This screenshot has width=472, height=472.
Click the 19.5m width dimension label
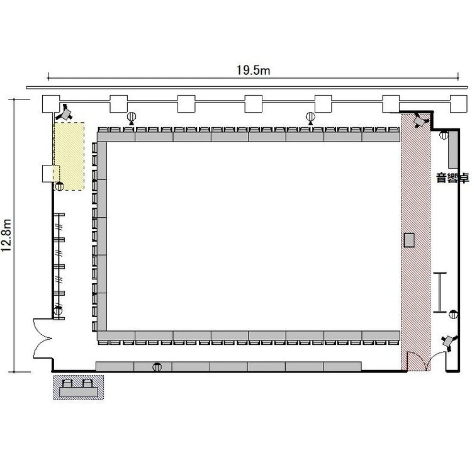(253, 70)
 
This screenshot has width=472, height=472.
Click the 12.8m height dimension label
(6, 235)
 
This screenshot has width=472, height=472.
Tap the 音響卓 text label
(452, 178)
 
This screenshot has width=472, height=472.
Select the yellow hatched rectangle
(69, 156)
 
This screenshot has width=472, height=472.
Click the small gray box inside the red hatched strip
(409, 240)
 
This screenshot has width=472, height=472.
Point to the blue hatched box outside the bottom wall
(79, 387)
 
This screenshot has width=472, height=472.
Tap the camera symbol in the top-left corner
(64, 113)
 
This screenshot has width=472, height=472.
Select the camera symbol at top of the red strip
(420, 120)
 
